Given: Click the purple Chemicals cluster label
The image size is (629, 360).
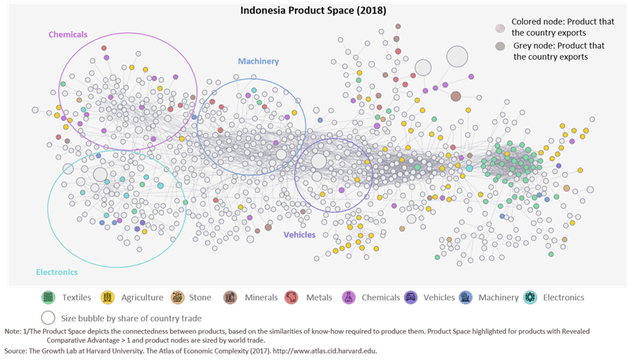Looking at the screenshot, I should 68,35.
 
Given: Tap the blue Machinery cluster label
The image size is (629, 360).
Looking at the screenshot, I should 258,61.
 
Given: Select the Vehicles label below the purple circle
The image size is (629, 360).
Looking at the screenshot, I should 299,234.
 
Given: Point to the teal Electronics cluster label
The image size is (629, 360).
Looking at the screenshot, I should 57,272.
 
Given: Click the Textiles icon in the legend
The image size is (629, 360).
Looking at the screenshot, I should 49,298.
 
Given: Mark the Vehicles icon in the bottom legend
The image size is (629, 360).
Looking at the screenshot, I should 410,298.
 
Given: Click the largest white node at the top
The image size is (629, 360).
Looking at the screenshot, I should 456,57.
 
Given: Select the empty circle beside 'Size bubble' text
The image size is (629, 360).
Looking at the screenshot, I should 49,318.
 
